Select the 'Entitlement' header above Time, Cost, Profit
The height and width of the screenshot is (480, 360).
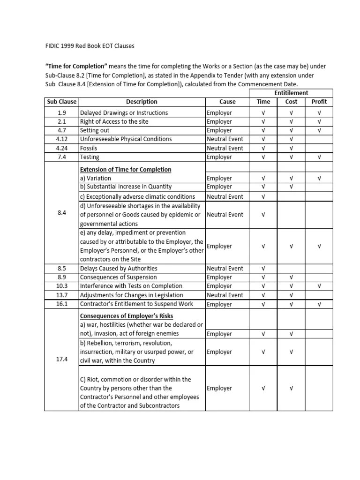[291, 93]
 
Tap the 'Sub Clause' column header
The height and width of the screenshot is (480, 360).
[61, 102]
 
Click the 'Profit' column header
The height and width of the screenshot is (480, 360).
[319, 102]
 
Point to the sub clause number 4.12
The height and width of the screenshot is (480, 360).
[61, 139]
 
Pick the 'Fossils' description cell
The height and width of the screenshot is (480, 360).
[89, 148]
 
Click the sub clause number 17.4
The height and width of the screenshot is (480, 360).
[61, 359]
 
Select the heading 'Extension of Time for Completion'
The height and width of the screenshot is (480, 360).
[126, 169]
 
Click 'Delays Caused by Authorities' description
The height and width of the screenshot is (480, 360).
[119, 269]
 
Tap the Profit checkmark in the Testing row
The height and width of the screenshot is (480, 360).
[319, 157]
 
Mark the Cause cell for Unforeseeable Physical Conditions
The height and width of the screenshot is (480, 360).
[225, 139]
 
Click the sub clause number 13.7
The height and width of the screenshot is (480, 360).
[61, 295]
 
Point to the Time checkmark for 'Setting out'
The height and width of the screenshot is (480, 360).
[263, 130]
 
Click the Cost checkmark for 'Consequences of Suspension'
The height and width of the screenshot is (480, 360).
[291, 277]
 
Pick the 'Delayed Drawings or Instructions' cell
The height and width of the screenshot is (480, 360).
[124, 113]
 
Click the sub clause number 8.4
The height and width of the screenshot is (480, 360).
[61, 213]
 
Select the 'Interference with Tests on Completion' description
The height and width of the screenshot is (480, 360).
[131, 286]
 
